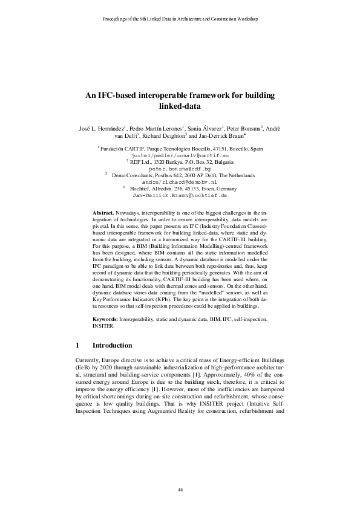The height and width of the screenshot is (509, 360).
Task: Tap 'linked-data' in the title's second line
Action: click(x=179, y=106)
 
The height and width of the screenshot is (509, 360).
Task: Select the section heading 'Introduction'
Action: click(x=112, y=346)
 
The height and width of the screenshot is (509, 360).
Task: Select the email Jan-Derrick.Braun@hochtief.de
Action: click(x=179, y=196)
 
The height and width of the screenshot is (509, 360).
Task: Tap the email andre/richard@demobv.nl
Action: click(x=179, y=182)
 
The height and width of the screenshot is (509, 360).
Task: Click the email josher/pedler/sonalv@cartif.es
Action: click(x=180, y=155)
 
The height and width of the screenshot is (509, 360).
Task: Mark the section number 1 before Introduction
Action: click(x=77, y=346)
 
